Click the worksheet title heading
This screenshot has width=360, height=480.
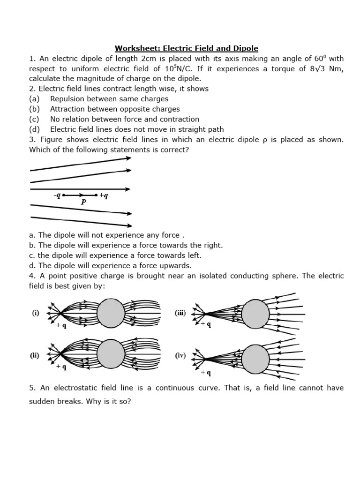[187, 48]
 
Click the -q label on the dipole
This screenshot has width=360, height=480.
[57, 195]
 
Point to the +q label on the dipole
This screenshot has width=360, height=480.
[104, 195]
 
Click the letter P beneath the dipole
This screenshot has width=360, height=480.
[83, 202]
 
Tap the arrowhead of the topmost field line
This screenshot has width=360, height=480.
[128, 158]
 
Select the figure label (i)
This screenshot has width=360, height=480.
[36, 313]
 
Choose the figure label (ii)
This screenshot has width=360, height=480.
[35, 355]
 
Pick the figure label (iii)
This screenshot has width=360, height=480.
[180, 313]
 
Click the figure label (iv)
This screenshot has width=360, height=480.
[181, 355]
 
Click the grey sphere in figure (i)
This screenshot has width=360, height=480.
[111, 312]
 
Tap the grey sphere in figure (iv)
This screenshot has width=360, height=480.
[255, 359]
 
